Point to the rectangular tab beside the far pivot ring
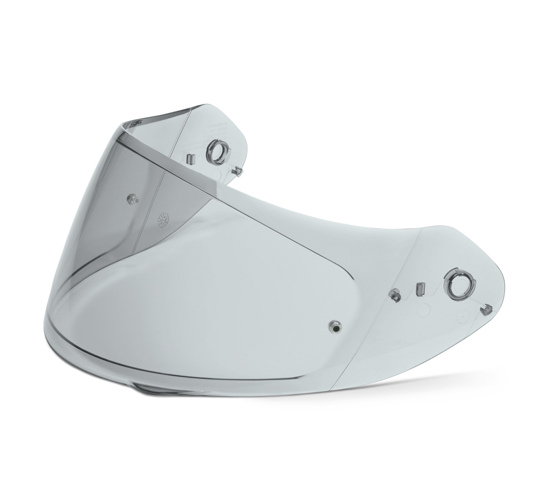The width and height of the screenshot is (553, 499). (x=190, y=158)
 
